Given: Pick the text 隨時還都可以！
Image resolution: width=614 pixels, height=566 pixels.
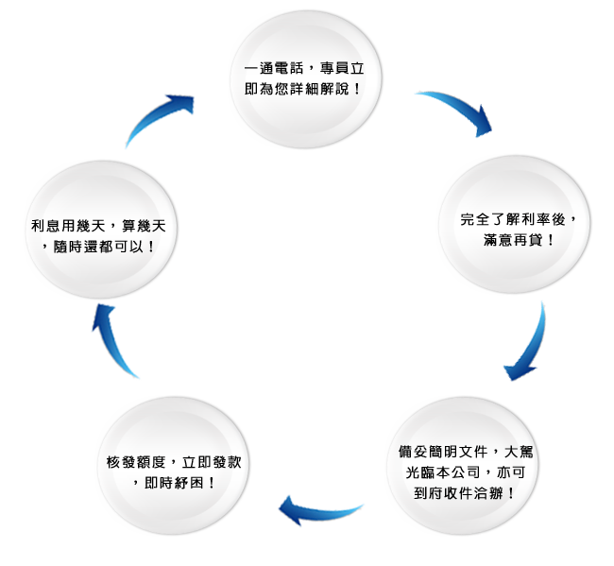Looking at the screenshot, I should tap(106, 246).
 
